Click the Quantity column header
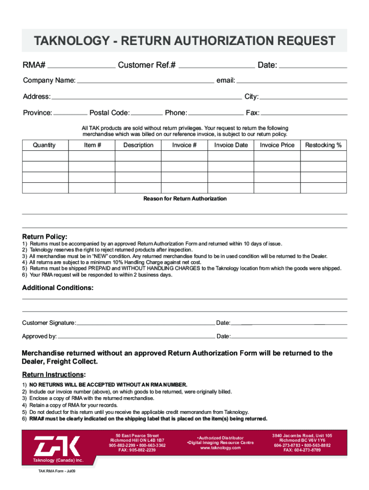[x=44, y=145]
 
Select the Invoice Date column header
[x=231, y=145]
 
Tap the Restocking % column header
[x=323, y=145]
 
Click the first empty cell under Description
[x=138, y=156]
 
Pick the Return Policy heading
[x=45, y=237]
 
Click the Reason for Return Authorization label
[x=185, y=199]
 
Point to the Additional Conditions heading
[x=58, y=288]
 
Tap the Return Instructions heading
[x=54, y=374]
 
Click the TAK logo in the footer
[x=57, y=446]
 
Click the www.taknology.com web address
[x=220, y=448]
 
